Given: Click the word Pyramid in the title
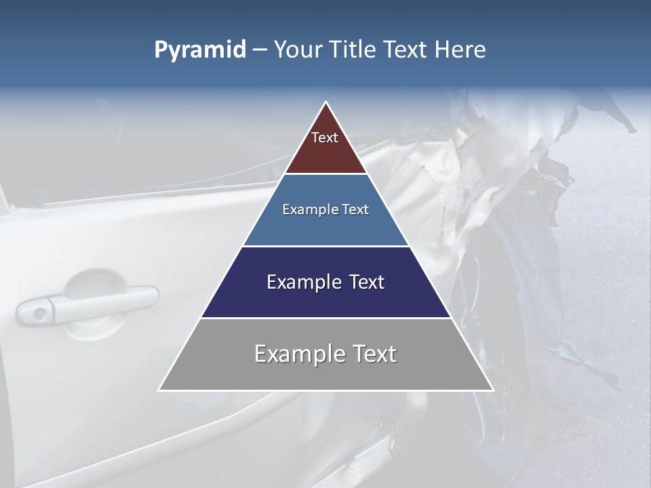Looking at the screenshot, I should (199, 50).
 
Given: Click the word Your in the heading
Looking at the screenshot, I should (298, 49).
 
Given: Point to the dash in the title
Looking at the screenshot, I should (259, 50).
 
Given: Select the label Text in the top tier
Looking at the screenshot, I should (325, 138).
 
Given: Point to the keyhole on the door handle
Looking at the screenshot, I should (40, 314).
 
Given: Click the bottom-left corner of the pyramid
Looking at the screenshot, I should (159, 390).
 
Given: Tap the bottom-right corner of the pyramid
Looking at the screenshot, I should (493, 390).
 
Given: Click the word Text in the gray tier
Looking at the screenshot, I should (373, 354).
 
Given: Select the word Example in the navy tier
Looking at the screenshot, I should (303, 282).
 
